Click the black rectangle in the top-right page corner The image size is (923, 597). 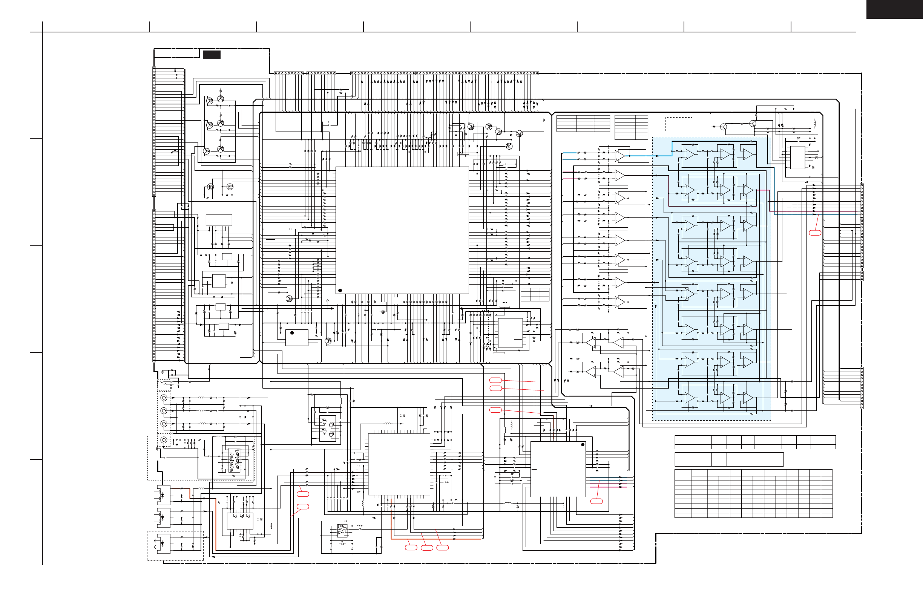894,9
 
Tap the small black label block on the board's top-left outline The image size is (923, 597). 212,55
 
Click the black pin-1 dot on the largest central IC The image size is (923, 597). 340,290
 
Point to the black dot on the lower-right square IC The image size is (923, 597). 583,445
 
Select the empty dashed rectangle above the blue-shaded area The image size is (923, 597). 678,124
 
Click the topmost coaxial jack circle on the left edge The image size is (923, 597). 164,398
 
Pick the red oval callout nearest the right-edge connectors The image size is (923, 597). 815,233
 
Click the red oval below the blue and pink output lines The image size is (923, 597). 596,501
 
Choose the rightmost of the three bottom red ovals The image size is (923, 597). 443,547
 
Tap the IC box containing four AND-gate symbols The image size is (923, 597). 327,429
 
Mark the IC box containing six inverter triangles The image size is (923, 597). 234,460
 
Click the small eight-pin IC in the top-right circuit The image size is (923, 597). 798,158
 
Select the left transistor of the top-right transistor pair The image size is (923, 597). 723,126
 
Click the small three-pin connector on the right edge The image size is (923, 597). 862,276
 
